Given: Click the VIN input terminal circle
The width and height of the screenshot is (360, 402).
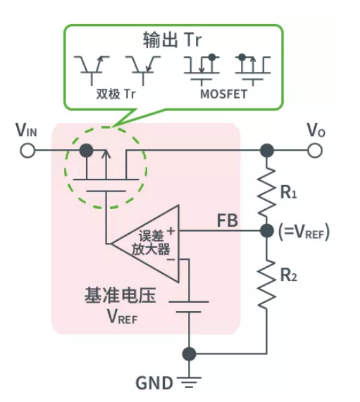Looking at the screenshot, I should tap(27, 151).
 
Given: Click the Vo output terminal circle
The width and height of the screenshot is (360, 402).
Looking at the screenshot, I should tap(316, 151).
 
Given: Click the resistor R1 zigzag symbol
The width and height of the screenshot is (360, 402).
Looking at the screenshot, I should tap(266, 191).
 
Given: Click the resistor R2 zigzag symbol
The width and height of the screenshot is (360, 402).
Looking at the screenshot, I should tap(266, 282).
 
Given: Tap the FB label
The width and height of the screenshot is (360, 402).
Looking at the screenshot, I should tap(227, 220).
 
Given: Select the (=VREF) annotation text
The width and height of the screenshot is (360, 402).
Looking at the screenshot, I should tap(304, 231).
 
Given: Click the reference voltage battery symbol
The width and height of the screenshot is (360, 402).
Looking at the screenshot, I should tap(189, 307).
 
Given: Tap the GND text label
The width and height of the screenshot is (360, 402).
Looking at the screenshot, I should tap(154, 384).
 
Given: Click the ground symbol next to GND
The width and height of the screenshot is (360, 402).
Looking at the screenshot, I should tap(188, 384).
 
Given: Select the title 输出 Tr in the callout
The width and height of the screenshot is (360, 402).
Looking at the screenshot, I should tap(173, 40).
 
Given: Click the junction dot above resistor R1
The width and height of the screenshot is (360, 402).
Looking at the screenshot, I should tap(266, 151).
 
